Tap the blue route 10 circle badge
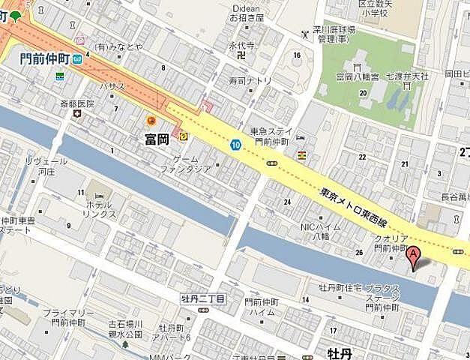pos(235,145)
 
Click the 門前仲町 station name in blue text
pos(44,58)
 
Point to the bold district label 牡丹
pos(339,352)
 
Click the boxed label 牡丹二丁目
pos(202,297)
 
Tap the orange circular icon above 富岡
pos(151,120)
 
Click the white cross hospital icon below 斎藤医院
pos(77,113)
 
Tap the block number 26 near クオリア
pos(358,252)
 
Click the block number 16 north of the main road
pos(297,55)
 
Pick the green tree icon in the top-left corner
pos(15,15)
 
